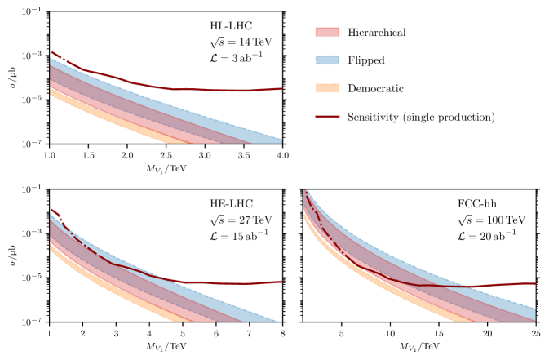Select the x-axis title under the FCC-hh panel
[419, 348]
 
